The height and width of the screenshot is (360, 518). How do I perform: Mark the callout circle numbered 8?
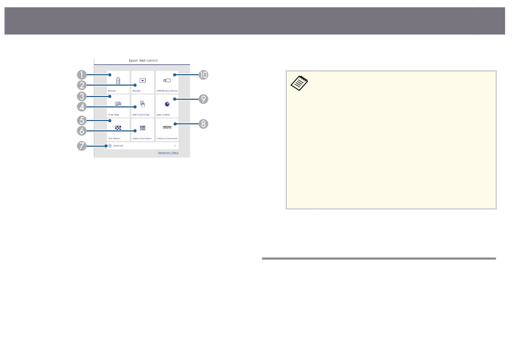pos(203,123)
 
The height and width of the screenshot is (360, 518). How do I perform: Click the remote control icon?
pos(118,80)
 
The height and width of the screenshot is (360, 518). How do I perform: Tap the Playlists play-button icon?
pos(142,80)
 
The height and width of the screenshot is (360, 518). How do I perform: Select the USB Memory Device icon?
pos(167,80)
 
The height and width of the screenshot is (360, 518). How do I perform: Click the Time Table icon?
pos(118,103)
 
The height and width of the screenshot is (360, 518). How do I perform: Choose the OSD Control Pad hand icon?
pos(142,103)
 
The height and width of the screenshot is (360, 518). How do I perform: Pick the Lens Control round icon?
pos(167,103)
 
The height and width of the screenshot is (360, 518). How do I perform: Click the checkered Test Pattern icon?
pos(118,127)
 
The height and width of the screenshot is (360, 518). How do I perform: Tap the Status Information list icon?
pos(142,127)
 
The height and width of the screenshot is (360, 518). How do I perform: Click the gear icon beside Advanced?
pos(110,146)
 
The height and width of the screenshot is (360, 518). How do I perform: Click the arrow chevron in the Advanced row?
pos(174,146)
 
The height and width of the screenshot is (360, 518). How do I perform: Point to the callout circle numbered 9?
pos(203,99)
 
